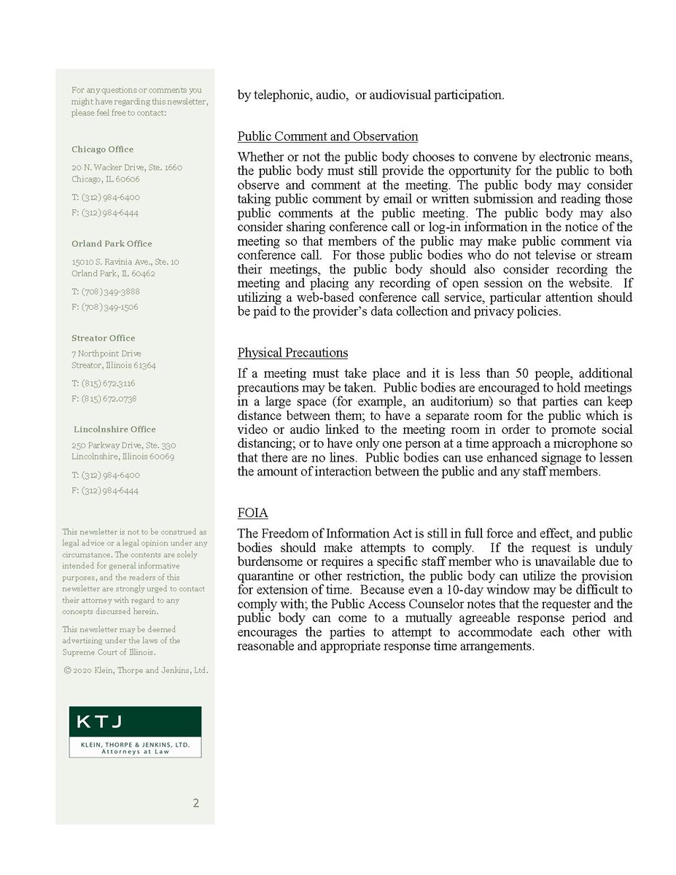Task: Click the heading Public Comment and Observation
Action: (x=327, y=136)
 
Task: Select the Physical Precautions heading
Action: (x=292, y=353)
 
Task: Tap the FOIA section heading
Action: (x=252, y=513)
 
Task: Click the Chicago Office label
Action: (x=102, y=149)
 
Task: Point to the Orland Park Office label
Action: (x=112, y=244)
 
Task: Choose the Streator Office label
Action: (x=103, y=338)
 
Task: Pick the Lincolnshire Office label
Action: (x=114, y=429)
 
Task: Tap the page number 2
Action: (x=195, y=804)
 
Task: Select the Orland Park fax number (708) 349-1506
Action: (x=105, y=307)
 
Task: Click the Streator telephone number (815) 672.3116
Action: (x=103, y=384)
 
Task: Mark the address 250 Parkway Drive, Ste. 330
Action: (x=123, y=445)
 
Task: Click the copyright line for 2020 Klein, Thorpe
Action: (x=135, y=670)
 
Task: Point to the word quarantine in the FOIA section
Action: (x=267, y=575)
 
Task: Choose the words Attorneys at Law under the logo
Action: (x=135, y=752)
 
